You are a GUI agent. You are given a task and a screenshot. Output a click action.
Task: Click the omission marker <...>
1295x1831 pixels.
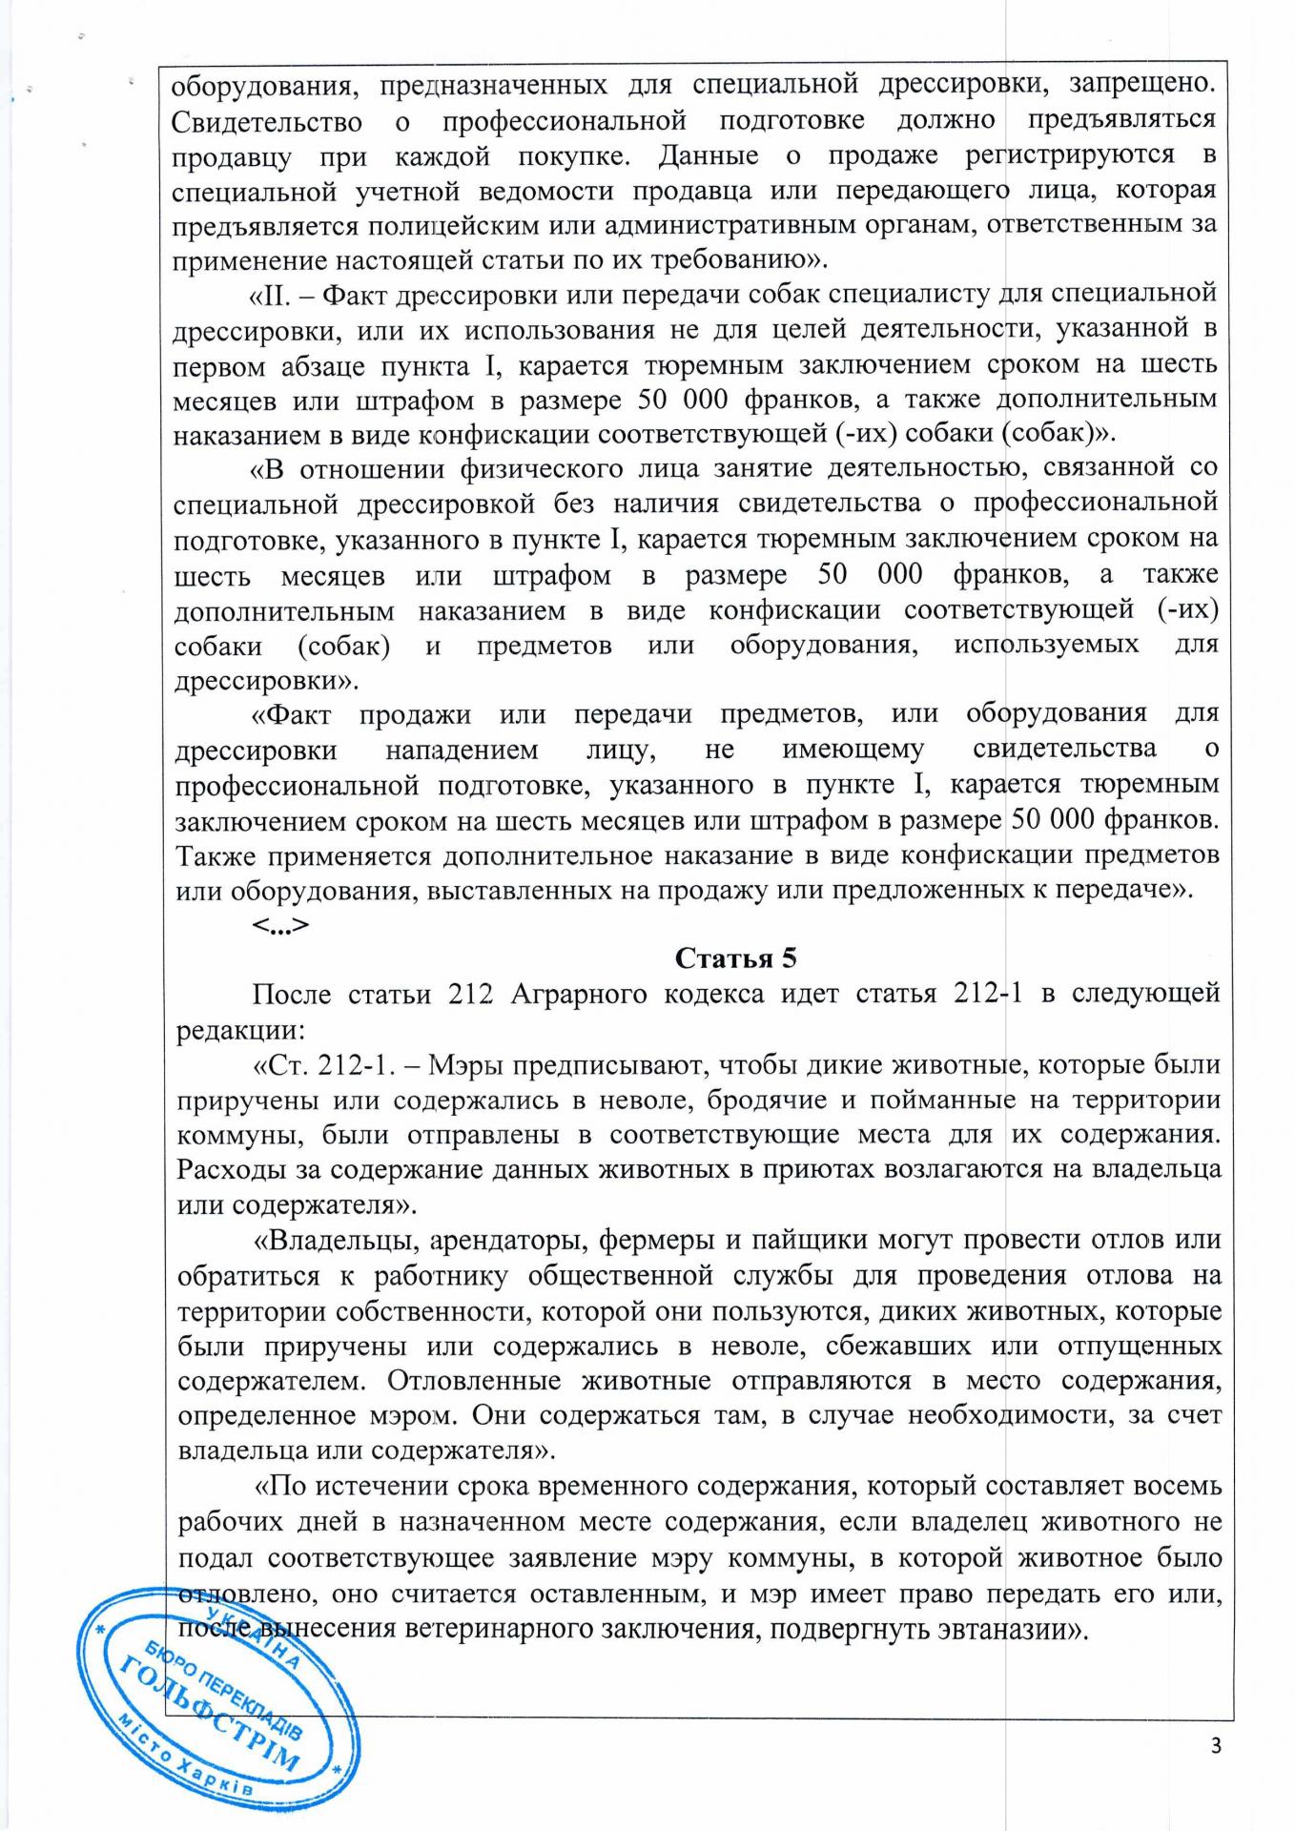coord(280,924)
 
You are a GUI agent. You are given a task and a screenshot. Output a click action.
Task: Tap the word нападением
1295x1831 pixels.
coord(462,751)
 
